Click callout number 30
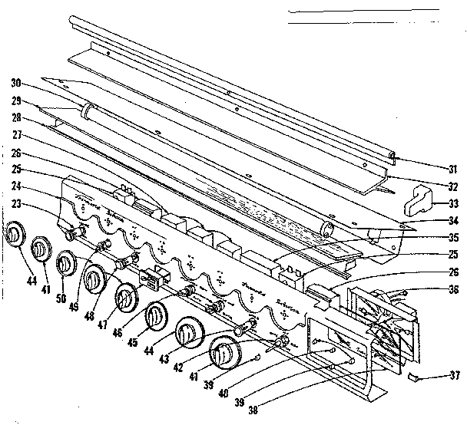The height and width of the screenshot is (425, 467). pos(15,84)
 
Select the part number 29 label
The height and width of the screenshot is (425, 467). pos(15,101)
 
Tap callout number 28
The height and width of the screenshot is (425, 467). pos(15,119)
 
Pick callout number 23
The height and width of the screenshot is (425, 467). pos(15,203)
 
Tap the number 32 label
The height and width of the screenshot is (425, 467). pos(453,186)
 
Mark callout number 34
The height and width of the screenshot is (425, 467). pos(453,222)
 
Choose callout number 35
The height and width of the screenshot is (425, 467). pos(453,238)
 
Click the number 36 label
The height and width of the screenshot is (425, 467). pos(453,290)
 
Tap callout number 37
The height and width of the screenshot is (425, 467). pos(453,375)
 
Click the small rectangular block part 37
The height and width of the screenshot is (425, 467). pos(416,376)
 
